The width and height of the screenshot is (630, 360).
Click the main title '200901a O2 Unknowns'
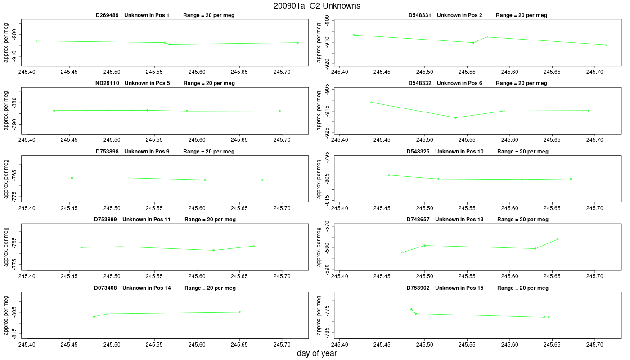pos(317,6)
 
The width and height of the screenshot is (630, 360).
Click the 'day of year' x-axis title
pos(317,353)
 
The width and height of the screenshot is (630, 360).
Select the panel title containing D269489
pos(165,15)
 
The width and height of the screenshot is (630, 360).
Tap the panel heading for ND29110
pos(165,83)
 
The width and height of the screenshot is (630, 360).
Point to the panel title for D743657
pos(477,220)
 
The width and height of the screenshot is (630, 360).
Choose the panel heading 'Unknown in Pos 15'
pos(459,288)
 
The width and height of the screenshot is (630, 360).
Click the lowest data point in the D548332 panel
pos(455,117)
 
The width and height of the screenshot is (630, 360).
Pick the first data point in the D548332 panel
pos(372,103)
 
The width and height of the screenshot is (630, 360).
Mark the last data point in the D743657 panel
pos(558,239)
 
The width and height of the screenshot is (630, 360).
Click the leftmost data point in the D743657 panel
pos(402,252)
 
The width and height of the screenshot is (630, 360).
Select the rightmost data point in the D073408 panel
pos(240,312)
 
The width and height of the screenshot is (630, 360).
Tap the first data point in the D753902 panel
pos(411,310)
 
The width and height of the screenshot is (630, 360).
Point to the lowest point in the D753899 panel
pos(214,250)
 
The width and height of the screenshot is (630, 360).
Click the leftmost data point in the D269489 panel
pos(36,41)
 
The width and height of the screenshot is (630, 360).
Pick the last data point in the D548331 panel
pos(607,45)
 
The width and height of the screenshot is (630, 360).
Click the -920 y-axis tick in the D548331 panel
pos(327,64)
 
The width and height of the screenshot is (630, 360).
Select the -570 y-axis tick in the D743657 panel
pos(327,226)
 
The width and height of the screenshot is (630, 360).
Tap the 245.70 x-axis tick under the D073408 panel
pos(282,345)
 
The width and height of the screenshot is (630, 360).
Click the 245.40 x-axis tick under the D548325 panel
pos(339,208)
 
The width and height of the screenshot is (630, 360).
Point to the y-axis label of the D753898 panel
pos(6,179)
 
